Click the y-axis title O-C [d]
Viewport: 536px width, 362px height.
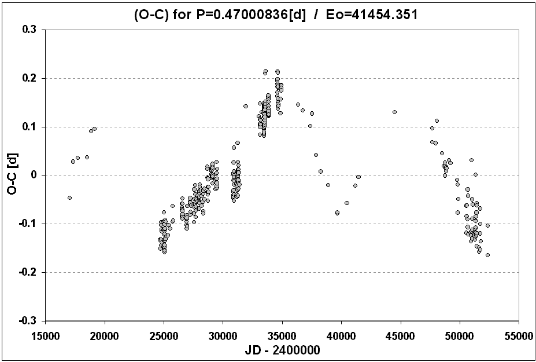13,174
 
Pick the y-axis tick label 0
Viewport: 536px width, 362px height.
34,175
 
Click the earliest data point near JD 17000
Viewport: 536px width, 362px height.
69,198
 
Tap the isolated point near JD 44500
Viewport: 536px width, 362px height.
394,112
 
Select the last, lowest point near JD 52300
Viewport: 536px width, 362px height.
487,255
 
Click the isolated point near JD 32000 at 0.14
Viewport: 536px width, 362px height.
246,106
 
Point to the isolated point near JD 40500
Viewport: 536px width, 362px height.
347,203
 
